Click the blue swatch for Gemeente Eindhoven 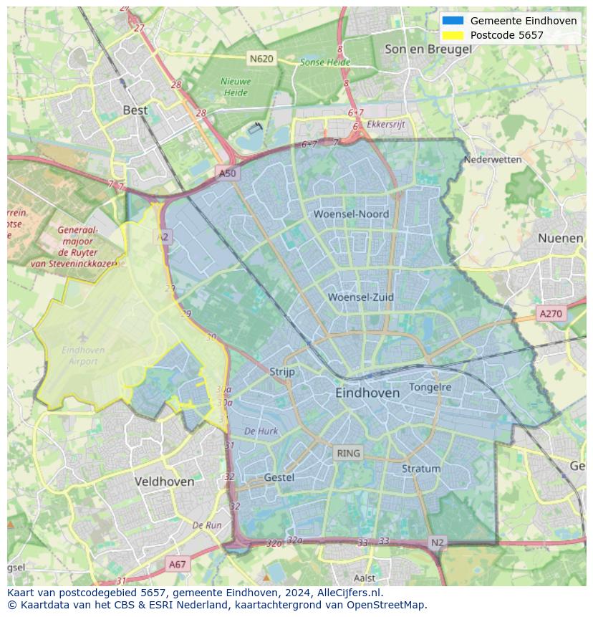click(x=453, y=21)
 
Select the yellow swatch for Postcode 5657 click(x=453, y=35)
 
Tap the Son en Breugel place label click(x=428, y=49)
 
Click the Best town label click(x=135, y=110)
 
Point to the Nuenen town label click(x=560, y=238)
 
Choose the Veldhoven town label click(x=164, y=482)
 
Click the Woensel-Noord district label click(x=351, y=214)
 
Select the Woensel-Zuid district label click(x=361, y=297)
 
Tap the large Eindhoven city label click(x=367, y=393)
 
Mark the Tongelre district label click(x=430, y=387)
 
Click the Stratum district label click(x=421, y=469)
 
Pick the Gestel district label click(x=279, y=477)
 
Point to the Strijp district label click(x=282, y=372)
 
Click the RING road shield click(x=348, y=453)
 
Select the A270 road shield click(x=551, y=313)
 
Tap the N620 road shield click(x=261, y=59)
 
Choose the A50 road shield click(x=227, y=173)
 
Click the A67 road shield click(x=177, y=564)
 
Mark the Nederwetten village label click(x=493, y=159)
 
